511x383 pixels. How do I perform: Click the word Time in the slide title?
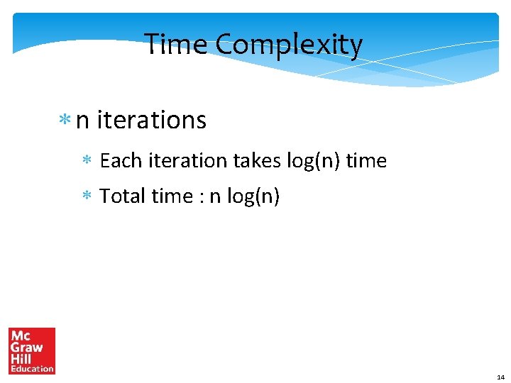[x=177, y=45]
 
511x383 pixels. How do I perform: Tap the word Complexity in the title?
[x=289, y=45]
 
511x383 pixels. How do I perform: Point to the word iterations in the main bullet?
[x=151, y=121]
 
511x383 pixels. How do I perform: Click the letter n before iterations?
[x=82, y=122]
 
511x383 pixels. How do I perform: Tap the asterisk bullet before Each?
[x=87, y=162]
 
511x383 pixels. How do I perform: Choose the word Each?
[x=121, y=161]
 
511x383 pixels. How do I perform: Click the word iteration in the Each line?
[x=187, y=161]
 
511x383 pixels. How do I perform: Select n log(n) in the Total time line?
[x=244, y=196]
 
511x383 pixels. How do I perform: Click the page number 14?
[x=500, y=377]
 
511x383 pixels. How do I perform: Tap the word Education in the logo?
[x=32, y=368]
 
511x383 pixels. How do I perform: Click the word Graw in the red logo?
[x=27, y=347]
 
